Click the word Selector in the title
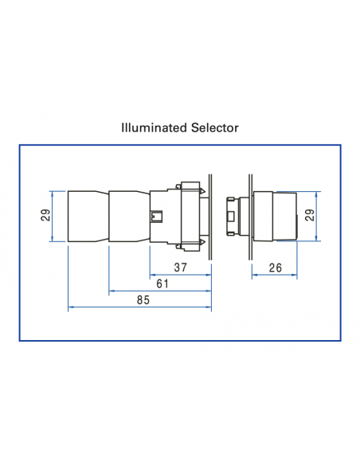click(x=214, y=127)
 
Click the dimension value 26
click(x=276, y=268)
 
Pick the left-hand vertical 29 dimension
click(x=45, y=215)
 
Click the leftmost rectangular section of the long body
click(x=88, y=216)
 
